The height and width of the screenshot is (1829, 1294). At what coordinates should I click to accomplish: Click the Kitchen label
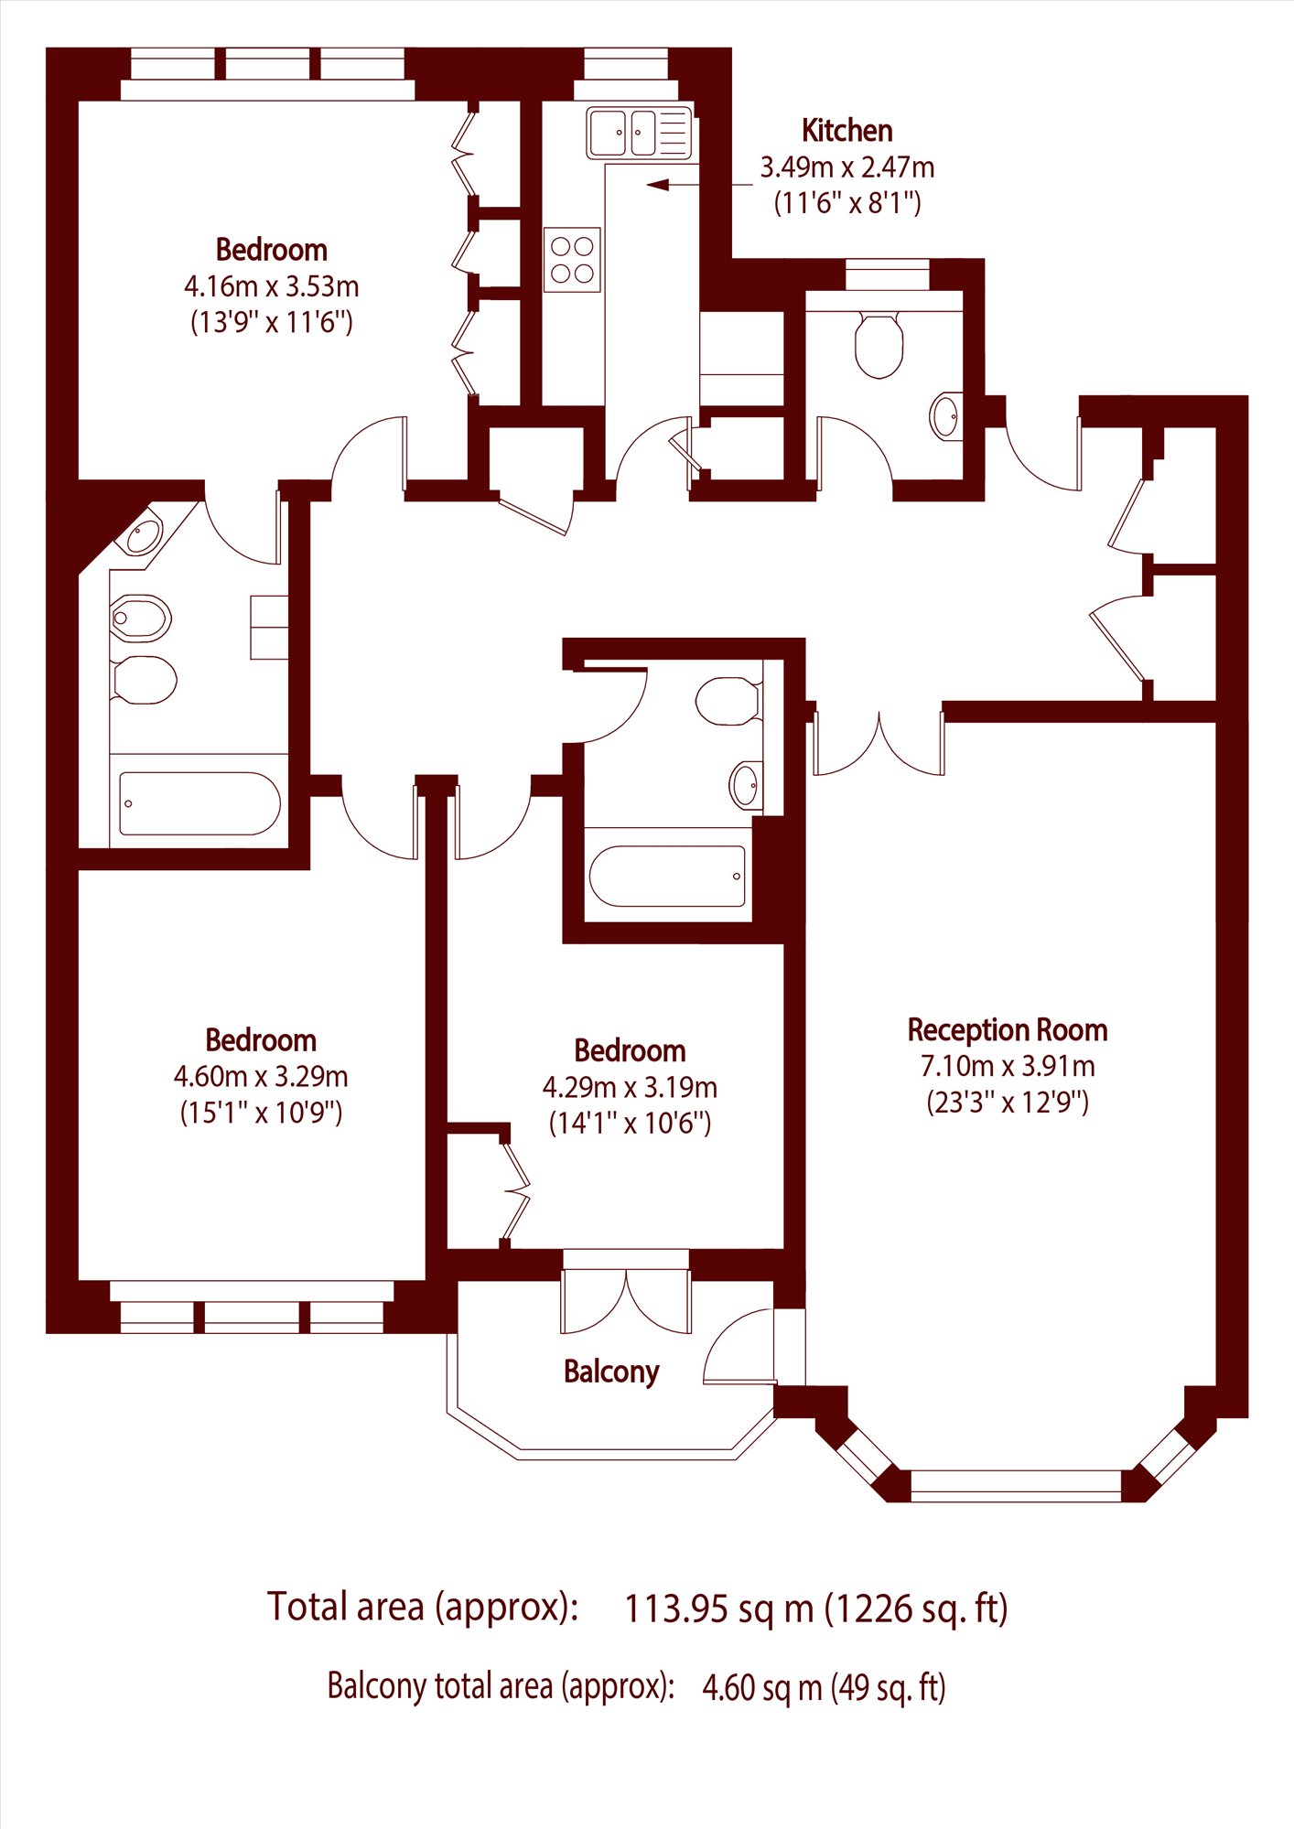pyautogui.click(x=846, y=131)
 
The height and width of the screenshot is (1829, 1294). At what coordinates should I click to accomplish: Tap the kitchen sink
pyautogui.click(x=638, y=133)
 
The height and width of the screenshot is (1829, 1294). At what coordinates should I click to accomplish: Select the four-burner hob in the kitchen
pyautogui.click(x=572, y=260)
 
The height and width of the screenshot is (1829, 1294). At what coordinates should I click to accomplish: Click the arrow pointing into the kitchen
pyautogui.click(x=700, y=186)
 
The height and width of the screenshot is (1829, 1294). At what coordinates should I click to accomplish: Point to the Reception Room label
pyautogui.click(x=1008, y=1030)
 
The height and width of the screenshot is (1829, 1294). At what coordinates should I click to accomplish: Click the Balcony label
pyautogui.click(x=611, y=1372)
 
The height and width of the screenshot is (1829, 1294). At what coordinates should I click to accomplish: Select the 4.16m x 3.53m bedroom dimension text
pyautogui.click(x=272, y=286)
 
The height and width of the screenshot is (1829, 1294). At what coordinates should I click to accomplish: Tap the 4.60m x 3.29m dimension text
pyautogui.click(x=261, y=1077)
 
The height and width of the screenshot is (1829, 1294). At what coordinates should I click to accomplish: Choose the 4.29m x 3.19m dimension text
pyautogui.click(x=630, y=1088)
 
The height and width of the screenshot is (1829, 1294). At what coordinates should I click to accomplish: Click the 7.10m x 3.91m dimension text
pyautogui.click(x=1008, y=1066)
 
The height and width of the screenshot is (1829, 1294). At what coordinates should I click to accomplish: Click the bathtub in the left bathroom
pyautogui.click(x=199, y=803)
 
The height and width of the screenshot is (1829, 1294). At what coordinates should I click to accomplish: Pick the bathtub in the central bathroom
pyautogui.click(x=667, y=876)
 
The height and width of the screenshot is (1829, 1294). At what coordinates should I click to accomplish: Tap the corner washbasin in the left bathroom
pyautogui.click(x=143, y=534)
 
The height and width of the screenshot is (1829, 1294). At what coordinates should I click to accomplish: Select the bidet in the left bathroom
pyautogui.click(x=141, y=619)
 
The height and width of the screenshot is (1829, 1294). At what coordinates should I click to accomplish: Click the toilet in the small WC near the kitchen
pyautogui.click(x=879, y=344)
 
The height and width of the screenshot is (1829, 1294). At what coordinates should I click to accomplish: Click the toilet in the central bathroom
pyautogui.click(x=728, y=701)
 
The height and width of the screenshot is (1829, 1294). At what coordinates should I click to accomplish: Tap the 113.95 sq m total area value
pyautogui.click(x=718, y=1608)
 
